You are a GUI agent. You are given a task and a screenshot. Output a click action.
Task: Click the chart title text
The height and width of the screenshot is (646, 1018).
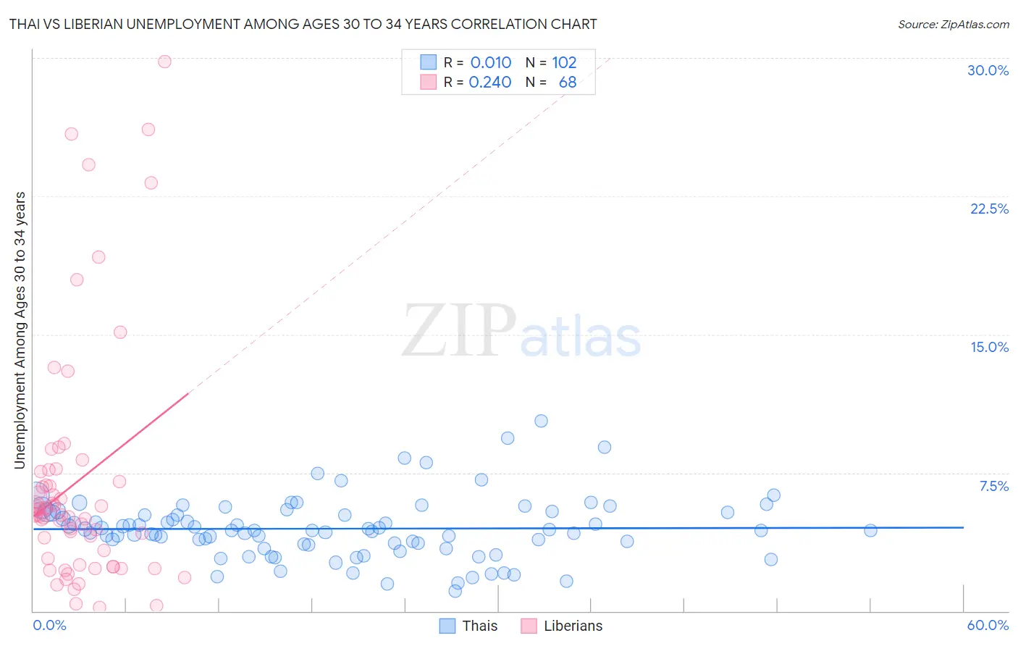tap(303, 24)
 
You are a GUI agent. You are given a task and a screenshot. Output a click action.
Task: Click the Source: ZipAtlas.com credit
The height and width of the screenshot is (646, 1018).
tap(953, 24)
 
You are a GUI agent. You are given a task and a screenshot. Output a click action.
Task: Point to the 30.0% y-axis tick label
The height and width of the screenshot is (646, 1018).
tap(988, 70)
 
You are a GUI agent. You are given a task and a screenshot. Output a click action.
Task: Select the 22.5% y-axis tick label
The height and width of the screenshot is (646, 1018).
tap(989, 209)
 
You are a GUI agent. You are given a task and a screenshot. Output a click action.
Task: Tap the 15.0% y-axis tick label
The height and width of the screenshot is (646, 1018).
tap(989, 347)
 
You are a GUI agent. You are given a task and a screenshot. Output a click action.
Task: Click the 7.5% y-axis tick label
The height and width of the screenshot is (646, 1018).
tap(993, 486)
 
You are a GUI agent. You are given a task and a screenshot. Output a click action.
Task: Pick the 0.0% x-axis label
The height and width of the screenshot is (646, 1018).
tap(49, 625)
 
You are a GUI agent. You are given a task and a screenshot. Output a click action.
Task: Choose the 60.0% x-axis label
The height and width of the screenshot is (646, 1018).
tap(988, 625)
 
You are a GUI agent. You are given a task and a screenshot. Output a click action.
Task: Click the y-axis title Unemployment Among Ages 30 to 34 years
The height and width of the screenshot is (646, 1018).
tap(20, 330)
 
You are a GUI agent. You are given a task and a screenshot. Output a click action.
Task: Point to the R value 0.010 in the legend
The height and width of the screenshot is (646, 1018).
tap(491, 63)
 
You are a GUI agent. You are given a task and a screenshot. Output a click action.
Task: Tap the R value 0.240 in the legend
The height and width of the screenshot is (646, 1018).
tap(490, 83)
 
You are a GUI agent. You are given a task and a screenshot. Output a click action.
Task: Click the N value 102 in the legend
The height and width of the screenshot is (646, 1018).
tap(564, 63)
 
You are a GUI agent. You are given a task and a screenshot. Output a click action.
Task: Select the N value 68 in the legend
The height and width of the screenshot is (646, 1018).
tap(568, 83)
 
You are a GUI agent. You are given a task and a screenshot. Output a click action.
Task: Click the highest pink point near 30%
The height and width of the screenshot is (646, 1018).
tap(164, 62)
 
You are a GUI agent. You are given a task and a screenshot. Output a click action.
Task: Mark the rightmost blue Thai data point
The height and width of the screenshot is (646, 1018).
tap(870, 530)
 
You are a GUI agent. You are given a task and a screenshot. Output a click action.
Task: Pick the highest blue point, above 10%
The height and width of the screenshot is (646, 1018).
tap(541, 421)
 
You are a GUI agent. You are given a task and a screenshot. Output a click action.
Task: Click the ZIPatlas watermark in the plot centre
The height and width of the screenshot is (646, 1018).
tap(521, 332)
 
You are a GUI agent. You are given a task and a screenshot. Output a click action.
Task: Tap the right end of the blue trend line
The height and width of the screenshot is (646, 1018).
tap(963, 527)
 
